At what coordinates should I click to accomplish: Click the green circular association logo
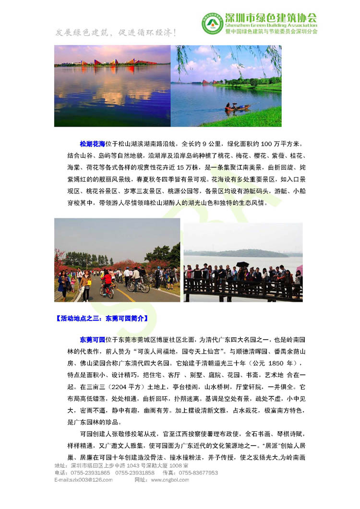click(212, 23)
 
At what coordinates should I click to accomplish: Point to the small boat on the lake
click(237, 107)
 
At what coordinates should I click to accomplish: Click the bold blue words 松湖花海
click(93, 143)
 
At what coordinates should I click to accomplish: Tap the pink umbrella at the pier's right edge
click(300, 269)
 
